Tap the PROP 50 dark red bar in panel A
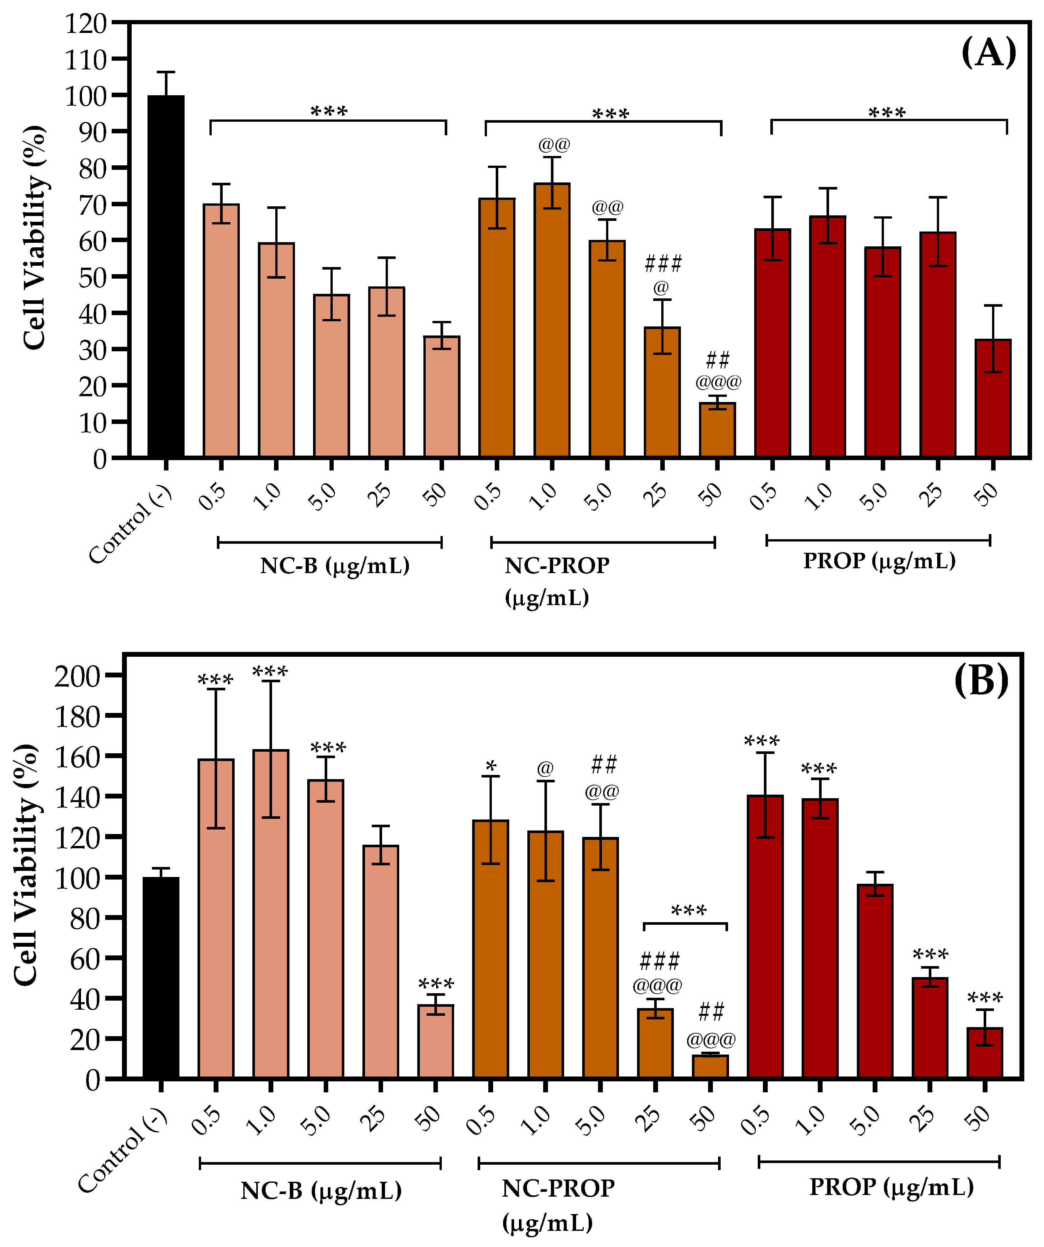click(x=993, y=398)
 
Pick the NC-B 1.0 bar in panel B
click(x=271, y=914)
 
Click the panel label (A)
click(x=988, y=52)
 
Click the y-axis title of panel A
click(x=35, y=238)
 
